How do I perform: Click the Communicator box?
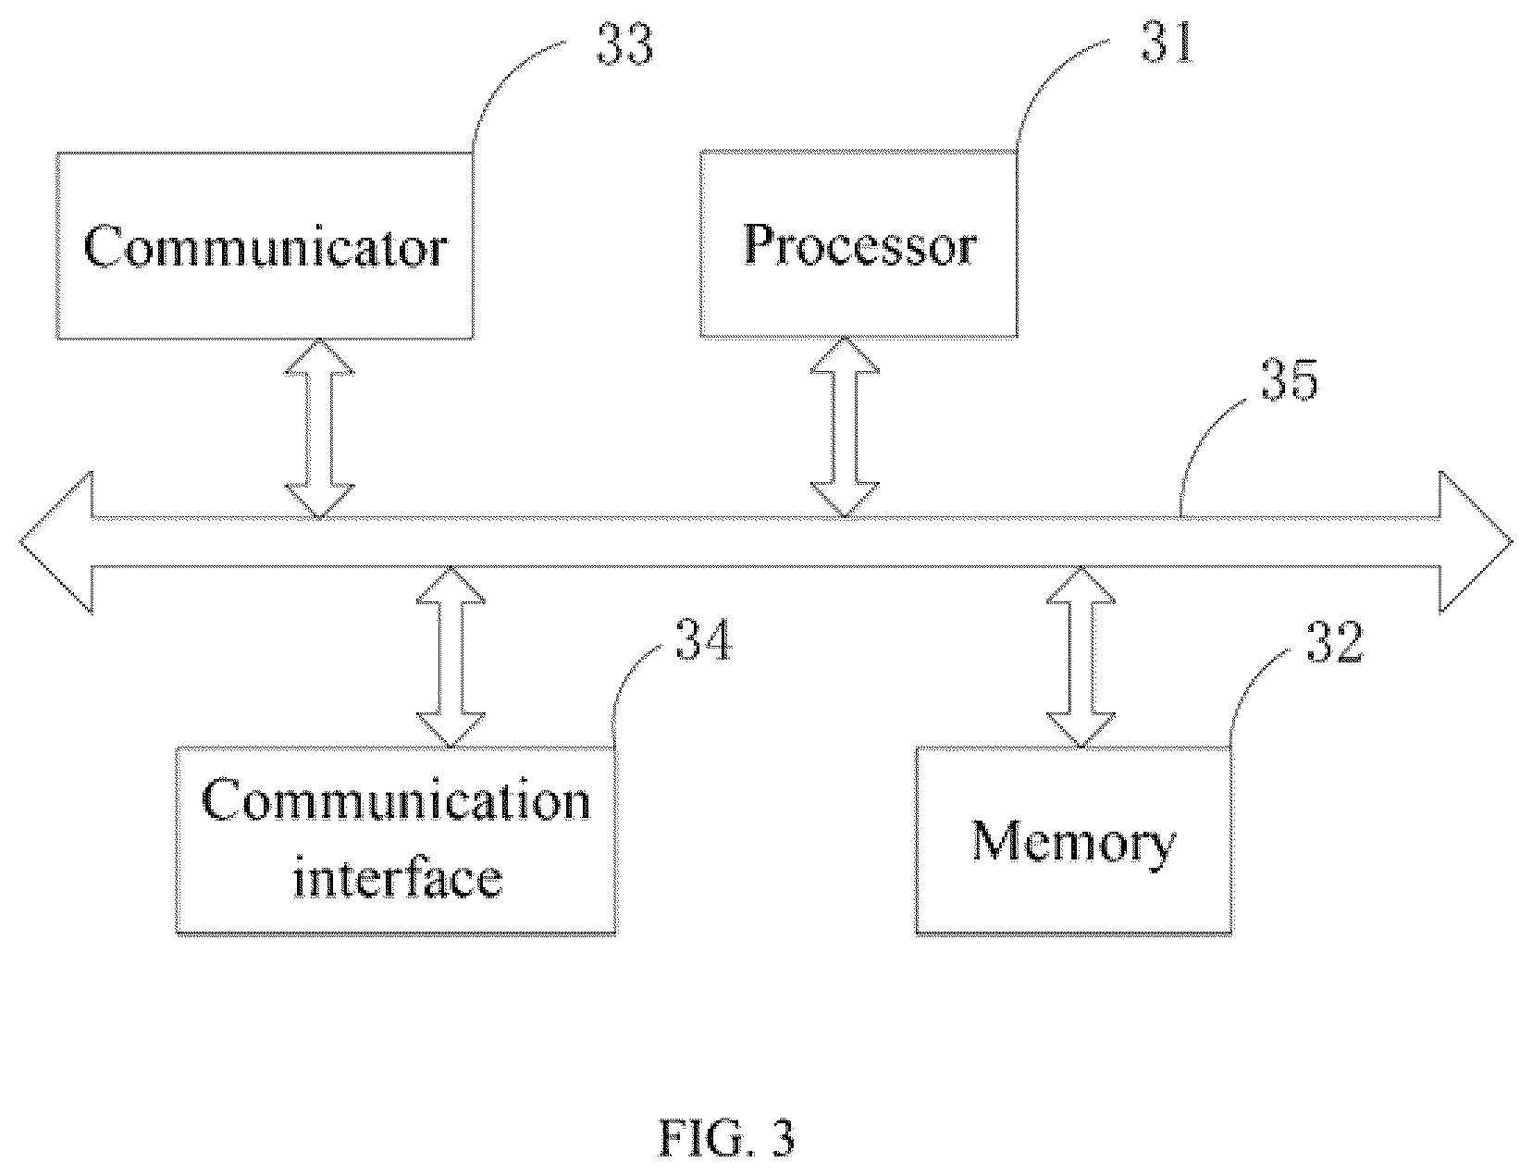pos(265,245)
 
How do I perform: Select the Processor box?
pos(859,244)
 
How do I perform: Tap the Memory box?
pos(1074,841)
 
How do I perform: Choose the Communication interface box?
pos(396,841)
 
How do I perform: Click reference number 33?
pos(625,43)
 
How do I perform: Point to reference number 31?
pos(1168,43)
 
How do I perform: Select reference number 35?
pos(1290,379)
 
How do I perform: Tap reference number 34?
pos(704,640)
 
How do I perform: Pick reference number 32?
pos(1336,642)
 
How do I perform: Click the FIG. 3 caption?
pos(727,1138)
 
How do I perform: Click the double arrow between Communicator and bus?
pos(319,428)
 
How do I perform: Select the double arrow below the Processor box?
pos(845,427)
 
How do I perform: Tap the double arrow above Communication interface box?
pos(451,657)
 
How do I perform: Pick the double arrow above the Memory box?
pos(1081,657)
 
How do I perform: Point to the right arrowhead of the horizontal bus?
pos(1476,542)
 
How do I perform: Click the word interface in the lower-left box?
pos(398,878)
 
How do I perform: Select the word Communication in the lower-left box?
pos(396,800)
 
